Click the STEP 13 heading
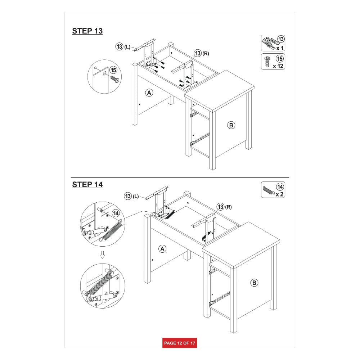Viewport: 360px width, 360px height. (x=87, y=31)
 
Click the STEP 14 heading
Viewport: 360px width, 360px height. (x=87, y=185)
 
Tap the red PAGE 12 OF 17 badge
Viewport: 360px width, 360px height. (x=180, y=343)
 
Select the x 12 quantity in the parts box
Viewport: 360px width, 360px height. (x=278, y=66)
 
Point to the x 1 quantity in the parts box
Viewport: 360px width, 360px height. (x=280, y=48)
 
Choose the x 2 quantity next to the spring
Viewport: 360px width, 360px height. (x=279, y=194)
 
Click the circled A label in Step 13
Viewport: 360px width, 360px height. (x=149, y=93)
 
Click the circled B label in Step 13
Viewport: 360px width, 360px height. (x=231, y=125)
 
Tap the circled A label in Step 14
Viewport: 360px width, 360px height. (x=162, y=249)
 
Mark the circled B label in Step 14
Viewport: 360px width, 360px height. (x=254, y=283)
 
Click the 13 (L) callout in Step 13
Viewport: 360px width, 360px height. (x=123, y=46)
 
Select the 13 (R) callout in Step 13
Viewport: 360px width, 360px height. (x=202, y=53)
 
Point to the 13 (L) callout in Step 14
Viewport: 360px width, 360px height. (x=131, y=196)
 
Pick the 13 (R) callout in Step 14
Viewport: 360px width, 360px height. (x=224, y=207)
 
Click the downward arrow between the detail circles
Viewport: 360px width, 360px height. (x=102, y=255)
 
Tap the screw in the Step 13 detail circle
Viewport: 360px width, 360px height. (x=115, y=79)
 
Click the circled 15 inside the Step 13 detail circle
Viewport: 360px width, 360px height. (x=113, y=70)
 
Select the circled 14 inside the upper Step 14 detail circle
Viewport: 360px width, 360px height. (x=116, y=213)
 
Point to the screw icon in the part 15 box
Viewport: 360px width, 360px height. (x=267, y=62)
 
